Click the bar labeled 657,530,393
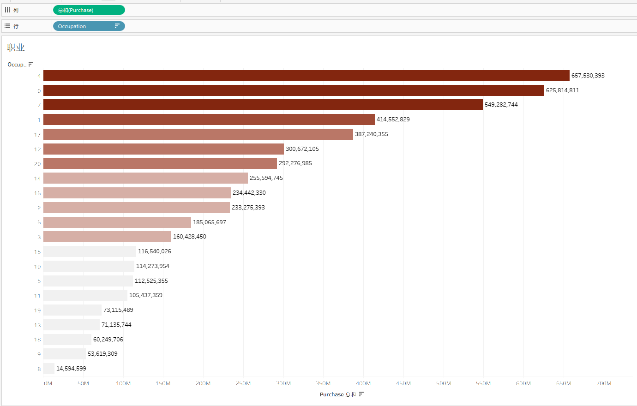pos(306,76)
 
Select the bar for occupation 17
pos(198,134)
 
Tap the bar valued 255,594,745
pos(145,178)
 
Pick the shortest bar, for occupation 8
pos(49,369)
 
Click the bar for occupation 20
pos(160,163)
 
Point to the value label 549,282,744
pos(501,105)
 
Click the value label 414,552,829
pos(393,119)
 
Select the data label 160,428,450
pos(189,237)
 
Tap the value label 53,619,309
pos(102,354)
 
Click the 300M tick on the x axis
pos(283,383)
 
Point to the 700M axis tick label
pos(603,383)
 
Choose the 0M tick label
pos(48,383)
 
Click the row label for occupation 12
pos(37,149)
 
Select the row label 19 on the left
pos(37,310)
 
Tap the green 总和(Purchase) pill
pos(89,10)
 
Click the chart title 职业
pos(16,48)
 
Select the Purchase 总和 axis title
pos(337,394)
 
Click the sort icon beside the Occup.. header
pos(31,64)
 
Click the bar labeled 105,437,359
pos(85,295)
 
